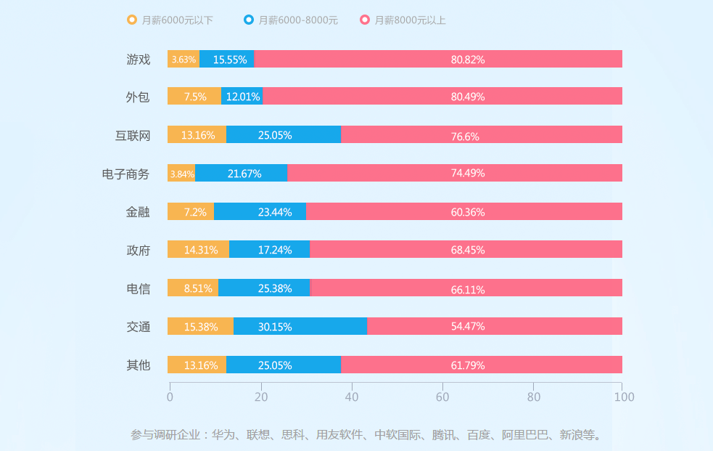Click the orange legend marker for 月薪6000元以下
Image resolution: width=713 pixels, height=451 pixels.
tap(132, 20)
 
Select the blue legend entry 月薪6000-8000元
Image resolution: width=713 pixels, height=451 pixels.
tap(291, 20)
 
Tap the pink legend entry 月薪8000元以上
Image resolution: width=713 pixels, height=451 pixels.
tap(403, 20)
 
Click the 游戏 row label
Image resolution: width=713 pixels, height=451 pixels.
tap(138, 60)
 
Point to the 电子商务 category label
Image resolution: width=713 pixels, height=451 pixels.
tap(125, 174)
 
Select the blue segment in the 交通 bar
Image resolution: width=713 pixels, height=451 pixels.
tap(300, 327)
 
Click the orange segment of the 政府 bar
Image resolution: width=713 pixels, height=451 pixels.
tap(198, 250)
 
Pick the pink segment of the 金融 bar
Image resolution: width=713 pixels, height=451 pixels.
tap(464, 212)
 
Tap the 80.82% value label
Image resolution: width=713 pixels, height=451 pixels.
tap(468, 60)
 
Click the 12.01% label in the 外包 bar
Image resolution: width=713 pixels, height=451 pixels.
tap(243, 97)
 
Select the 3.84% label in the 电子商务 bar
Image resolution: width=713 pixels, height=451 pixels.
tap(182, 174)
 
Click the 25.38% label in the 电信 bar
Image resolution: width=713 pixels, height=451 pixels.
tap(275, 288)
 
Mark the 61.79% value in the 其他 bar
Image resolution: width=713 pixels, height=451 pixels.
tap(468, 365)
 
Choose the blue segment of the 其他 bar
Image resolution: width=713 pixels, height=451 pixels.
tap(284, 365)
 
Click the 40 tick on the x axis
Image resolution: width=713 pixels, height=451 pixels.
tap(352, 397)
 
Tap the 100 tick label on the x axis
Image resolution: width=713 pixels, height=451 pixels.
tap(624, 397)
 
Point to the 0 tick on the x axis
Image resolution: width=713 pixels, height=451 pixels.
tap(170, 397)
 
